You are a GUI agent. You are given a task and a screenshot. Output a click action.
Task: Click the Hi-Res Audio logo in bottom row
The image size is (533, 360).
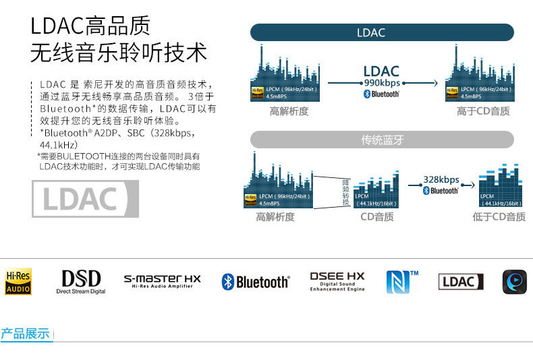pyautogui.click(x=18, y=281)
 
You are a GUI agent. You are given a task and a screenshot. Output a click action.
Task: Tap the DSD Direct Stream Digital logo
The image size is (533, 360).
pyautogui.click(x=81, y=282)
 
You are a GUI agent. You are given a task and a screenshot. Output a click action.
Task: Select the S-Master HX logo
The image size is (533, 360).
pyautogui.click(x=162, y=281)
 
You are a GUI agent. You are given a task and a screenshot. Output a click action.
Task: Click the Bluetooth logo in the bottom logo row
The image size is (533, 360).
pyautogui.click(x=256, y=282)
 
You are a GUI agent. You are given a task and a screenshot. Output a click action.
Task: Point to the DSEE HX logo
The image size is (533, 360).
pyautogui.click(x=337, y=281)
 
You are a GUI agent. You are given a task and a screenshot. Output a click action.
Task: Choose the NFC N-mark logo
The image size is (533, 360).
pyautogui.click(x=402, y=281)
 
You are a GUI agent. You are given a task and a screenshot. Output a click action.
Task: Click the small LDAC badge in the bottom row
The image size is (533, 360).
pyautogui.click(x=461, y=282)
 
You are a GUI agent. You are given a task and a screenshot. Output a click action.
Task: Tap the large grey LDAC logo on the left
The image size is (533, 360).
pyautogui.click(x=85, y=199)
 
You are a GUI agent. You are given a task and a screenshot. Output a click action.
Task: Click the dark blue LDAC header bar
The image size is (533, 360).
pyautogui.click(x=381, y=32)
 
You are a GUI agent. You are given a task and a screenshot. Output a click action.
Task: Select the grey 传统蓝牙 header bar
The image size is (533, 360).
pyautogui.click(x=381, y=140)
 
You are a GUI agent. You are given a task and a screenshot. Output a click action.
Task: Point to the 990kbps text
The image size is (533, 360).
pyautogui.click(x=382, y=83)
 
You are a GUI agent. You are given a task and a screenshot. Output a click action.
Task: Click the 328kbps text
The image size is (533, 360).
pyautogui.click(x=441, y=180)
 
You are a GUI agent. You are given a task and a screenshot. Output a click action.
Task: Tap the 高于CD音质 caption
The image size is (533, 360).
pyautogui.click(x=483, y=111)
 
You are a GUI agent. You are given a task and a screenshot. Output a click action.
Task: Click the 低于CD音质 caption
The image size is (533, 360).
pyautogui.click(x=499, y=217)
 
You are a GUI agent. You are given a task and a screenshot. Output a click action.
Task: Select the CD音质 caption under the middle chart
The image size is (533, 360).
pyautogui.click(x=377, y=217)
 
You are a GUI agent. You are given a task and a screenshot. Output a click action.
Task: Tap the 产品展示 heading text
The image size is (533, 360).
pyautogui.click(x=26, y=334)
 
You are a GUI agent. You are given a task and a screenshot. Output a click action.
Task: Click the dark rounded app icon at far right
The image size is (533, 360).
pyautogui.click(x=514, y=281)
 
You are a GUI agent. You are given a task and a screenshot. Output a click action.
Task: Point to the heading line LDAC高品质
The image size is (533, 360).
pyautogui.click(x=91, y=26)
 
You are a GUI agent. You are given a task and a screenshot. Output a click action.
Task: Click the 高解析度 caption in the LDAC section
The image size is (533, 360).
pyautogui.click(x=289, y=111)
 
